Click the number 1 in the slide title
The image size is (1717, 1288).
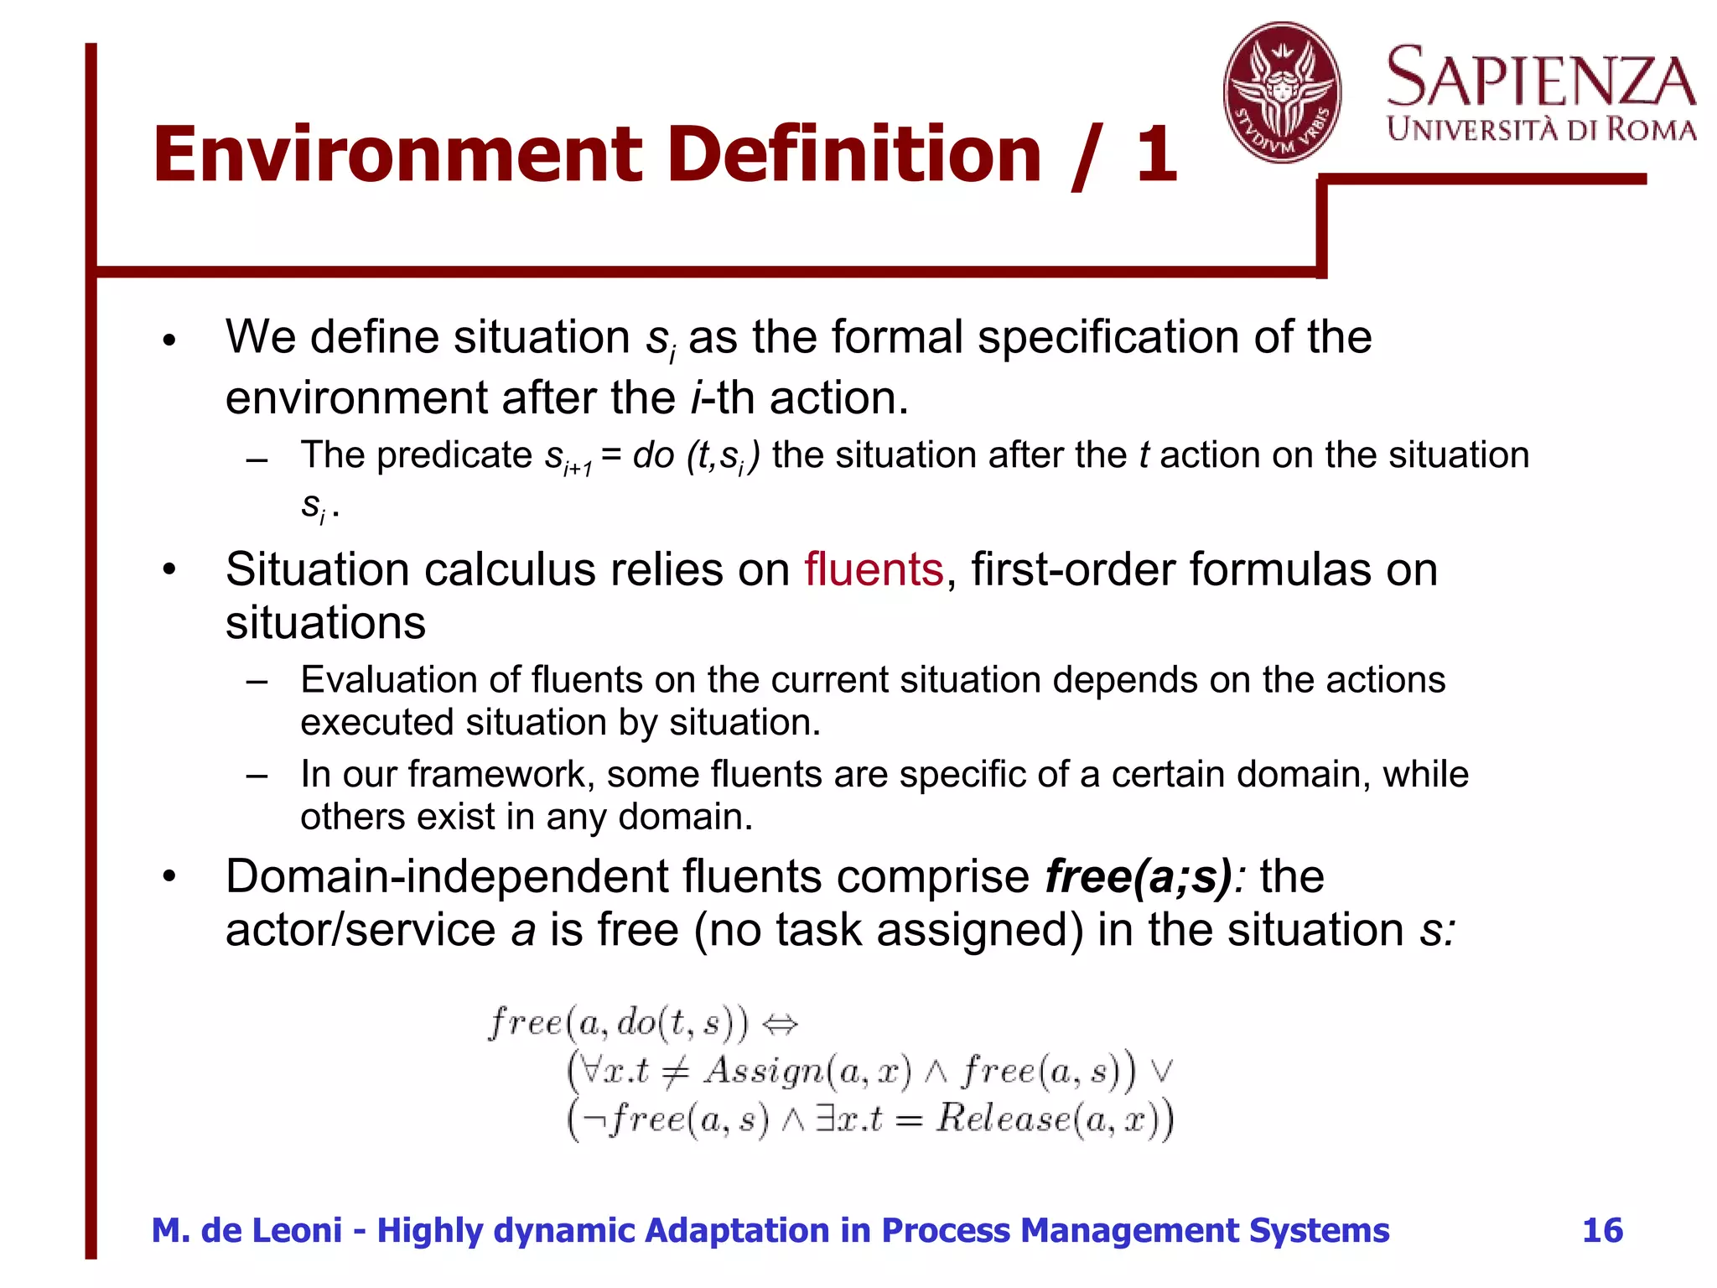point(1156,155)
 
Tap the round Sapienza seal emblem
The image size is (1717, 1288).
point(1281,93)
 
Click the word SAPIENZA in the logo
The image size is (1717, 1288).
point(1541,77)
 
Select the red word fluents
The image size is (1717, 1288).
point(874,570)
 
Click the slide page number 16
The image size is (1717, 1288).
point(1602,1230)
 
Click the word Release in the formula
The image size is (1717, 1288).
point(1004,1118)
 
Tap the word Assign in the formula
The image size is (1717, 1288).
point(764,1071)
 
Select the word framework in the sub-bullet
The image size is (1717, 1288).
point(501,774)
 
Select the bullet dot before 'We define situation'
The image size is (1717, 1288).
point(170,340)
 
